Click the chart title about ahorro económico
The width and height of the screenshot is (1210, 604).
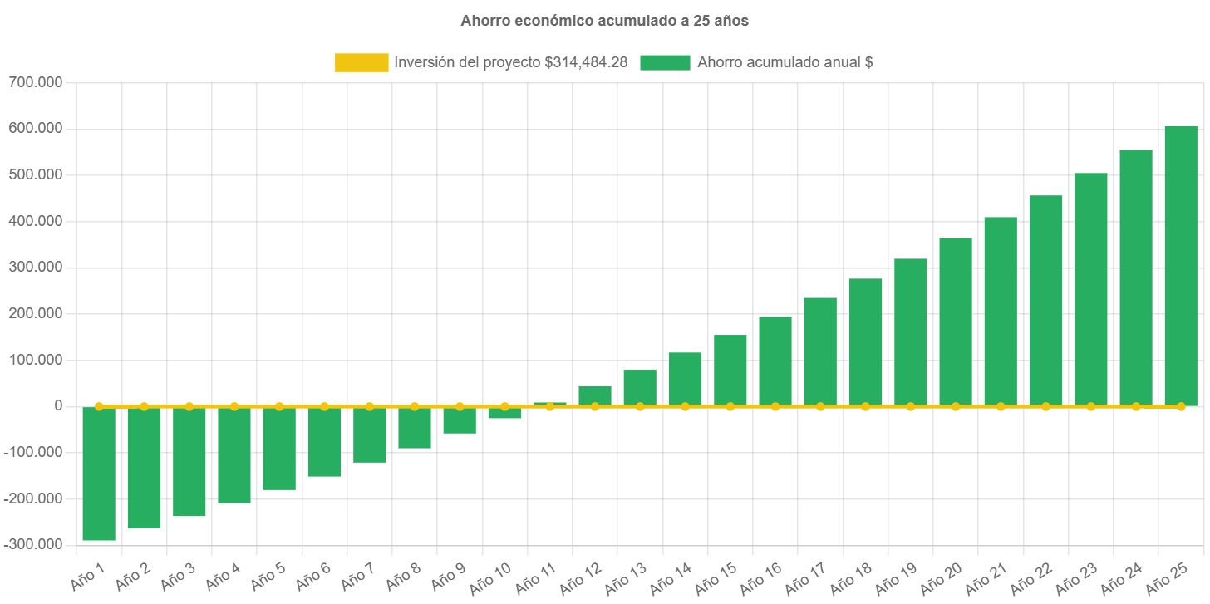604,22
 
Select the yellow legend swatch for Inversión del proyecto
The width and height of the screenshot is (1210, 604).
362,62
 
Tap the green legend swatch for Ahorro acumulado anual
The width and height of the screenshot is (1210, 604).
665,62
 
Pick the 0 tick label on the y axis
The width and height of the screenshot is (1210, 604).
58,405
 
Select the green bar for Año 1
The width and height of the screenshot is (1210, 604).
99,474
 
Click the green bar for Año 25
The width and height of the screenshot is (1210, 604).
1180,266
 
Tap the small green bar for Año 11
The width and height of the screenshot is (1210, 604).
549,404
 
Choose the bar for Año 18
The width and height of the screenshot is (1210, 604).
865,342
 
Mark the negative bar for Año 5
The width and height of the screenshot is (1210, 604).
279,449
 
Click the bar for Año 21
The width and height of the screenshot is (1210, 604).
1001,312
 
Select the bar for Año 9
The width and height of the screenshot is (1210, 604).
460,420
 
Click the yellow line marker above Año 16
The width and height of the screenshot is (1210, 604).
775,406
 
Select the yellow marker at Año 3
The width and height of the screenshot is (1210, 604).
189,406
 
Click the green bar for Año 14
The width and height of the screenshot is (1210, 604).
685,379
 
